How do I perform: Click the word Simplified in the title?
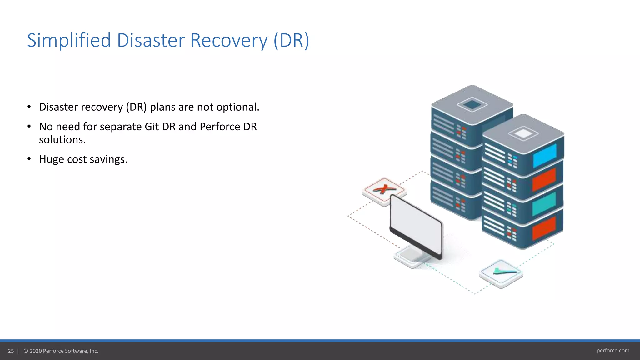69,40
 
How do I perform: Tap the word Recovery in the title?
229,40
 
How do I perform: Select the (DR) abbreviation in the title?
291,40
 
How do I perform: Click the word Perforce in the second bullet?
220,127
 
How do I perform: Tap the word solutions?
62,140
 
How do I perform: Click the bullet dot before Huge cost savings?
29,159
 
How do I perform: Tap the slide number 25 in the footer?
11,351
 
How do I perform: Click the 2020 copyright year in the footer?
36,351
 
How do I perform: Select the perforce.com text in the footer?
613,351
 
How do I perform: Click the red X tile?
384,189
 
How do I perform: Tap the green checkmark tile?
501,272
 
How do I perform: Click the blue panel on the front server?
545,155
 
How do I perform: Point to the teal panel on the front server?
544,203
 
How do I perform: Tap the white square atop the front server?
523,134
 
